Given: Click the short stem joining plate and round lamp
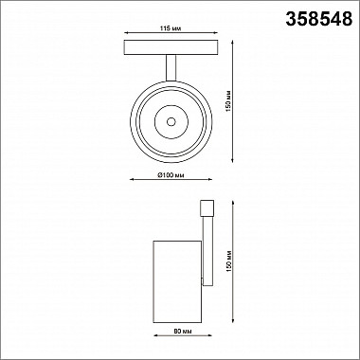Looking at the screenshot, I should tap(171, 65).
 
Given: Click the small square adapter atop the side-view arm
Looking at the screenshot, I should tap(207, 208).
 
